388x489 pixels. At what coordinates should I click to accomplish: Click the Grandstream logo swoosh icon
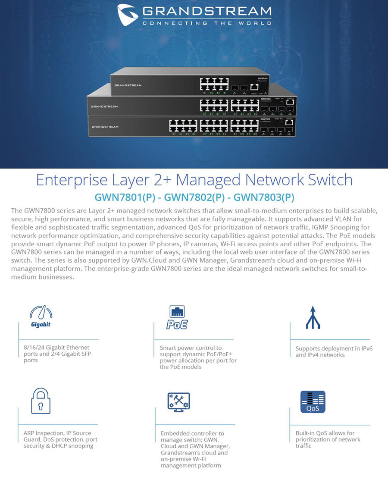(x=128, y=15)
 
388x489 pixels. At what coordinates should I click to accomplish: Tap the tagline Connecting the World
(x=207, y=23)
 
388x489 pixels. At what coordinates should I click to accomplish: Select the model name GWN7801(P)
(x=125, y=197)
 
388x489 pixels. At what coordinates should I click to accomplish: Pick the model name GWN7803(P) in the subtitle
(x=264, y=197)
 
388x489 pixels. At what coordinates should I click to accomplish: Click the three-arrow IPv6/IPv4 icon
(x=313, y=317)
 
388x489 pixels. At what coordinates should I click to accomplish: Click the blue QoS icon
(x=313, y=402)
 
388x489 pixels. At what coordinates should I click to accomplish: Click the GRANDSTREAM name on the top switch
(x=128, y=85)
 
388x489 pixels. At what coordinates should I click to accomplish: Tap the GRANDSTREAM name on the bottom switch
(x=105, y=127)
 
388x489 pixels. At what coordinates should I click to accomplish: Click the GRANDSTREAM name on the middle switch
(x=104, y=106)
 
